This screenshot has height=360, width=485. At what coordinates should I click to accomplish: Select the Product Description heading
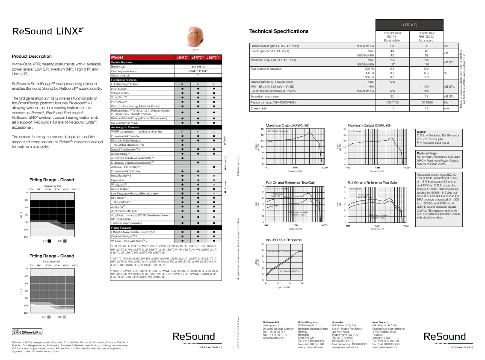click(x=32, y=56)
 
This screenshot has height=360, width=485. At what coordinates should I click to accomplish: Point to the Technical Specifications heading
click(x=278, y=31)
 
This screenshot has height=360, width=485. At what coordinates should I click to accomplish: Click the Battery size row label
click(x=118, y=67)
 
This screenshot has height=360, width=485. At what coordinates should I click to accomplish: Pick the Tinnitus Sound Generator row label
click(x=127, y=223)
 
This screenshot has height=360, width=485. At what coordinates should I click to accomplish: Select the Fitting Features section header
click(x=122, y=227)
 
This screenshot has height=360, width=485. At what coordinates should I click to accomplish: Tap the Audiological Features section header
click(x=125, y=127)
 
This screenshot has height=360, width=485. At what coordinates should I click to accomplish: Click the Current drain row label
click(x=259, y=109)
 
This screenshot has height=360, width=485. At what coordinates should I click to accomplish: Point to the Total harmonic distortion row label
click(x=266, y=68)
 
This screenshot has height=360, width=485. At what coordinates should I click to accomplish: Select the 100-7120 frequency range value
click(x=392, y=103)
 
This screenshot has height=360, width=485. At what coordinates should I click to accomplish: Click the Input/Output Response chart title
click(x=284, y=240)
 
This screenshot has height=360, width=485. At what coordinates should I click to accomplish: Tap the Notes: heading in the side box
click(x=421, y=132)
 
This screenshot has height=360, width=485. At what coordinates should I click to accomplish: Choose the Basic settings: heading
click(x=427, y=153)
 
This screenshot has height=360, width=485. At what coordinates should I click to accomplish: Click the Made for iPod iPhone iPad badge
click(x=27, y=332)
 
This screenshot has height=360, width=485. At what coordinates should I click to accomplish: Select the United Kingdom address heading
click(x=308, y=322)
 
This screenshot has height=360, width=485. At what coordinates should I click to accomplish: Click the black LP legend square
click(x=50, y=241)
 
